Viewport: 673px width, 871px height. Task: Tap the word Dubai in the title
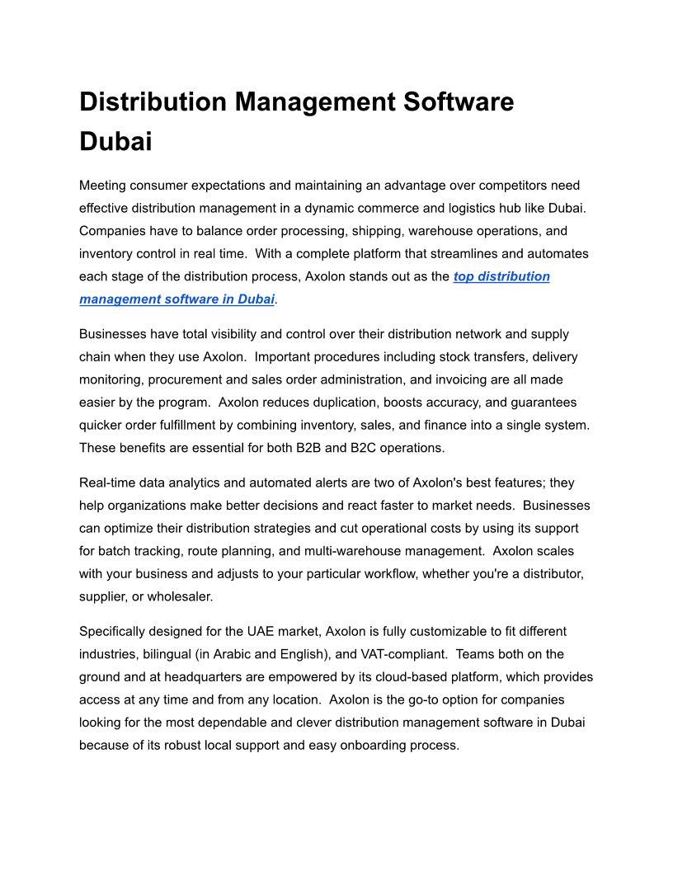click(x=115, y=141)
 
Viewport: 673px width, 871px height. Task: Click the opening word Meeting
click(x=105, y=186)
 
